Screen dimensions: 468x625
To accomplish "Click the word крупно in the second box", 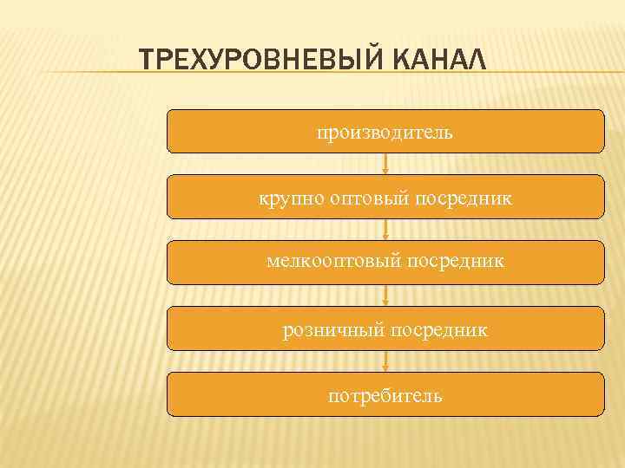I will (x=290, y=198).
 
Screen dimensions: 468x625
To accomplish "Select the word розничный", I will (x=333, y=330).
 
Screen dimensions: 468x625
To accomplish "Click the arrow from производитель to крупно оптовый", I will (x=385, y=164).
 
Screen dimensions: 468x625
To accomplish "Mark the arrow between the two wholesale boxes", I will (x=385, y=230).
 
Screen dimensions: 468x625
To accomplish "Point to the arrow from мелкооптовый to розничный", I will (x=385, y=296).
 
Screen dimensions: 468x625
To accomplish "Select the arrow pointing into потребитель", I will (x=385, y=361).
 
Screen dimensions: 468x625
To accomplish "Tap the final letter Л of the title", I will (x=477, y=62).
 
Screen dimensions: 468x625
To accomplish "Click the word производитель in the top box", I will (x=385, y=133).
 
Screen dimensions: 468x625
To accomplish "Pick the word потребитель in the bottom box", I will (x=385, y=396).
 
